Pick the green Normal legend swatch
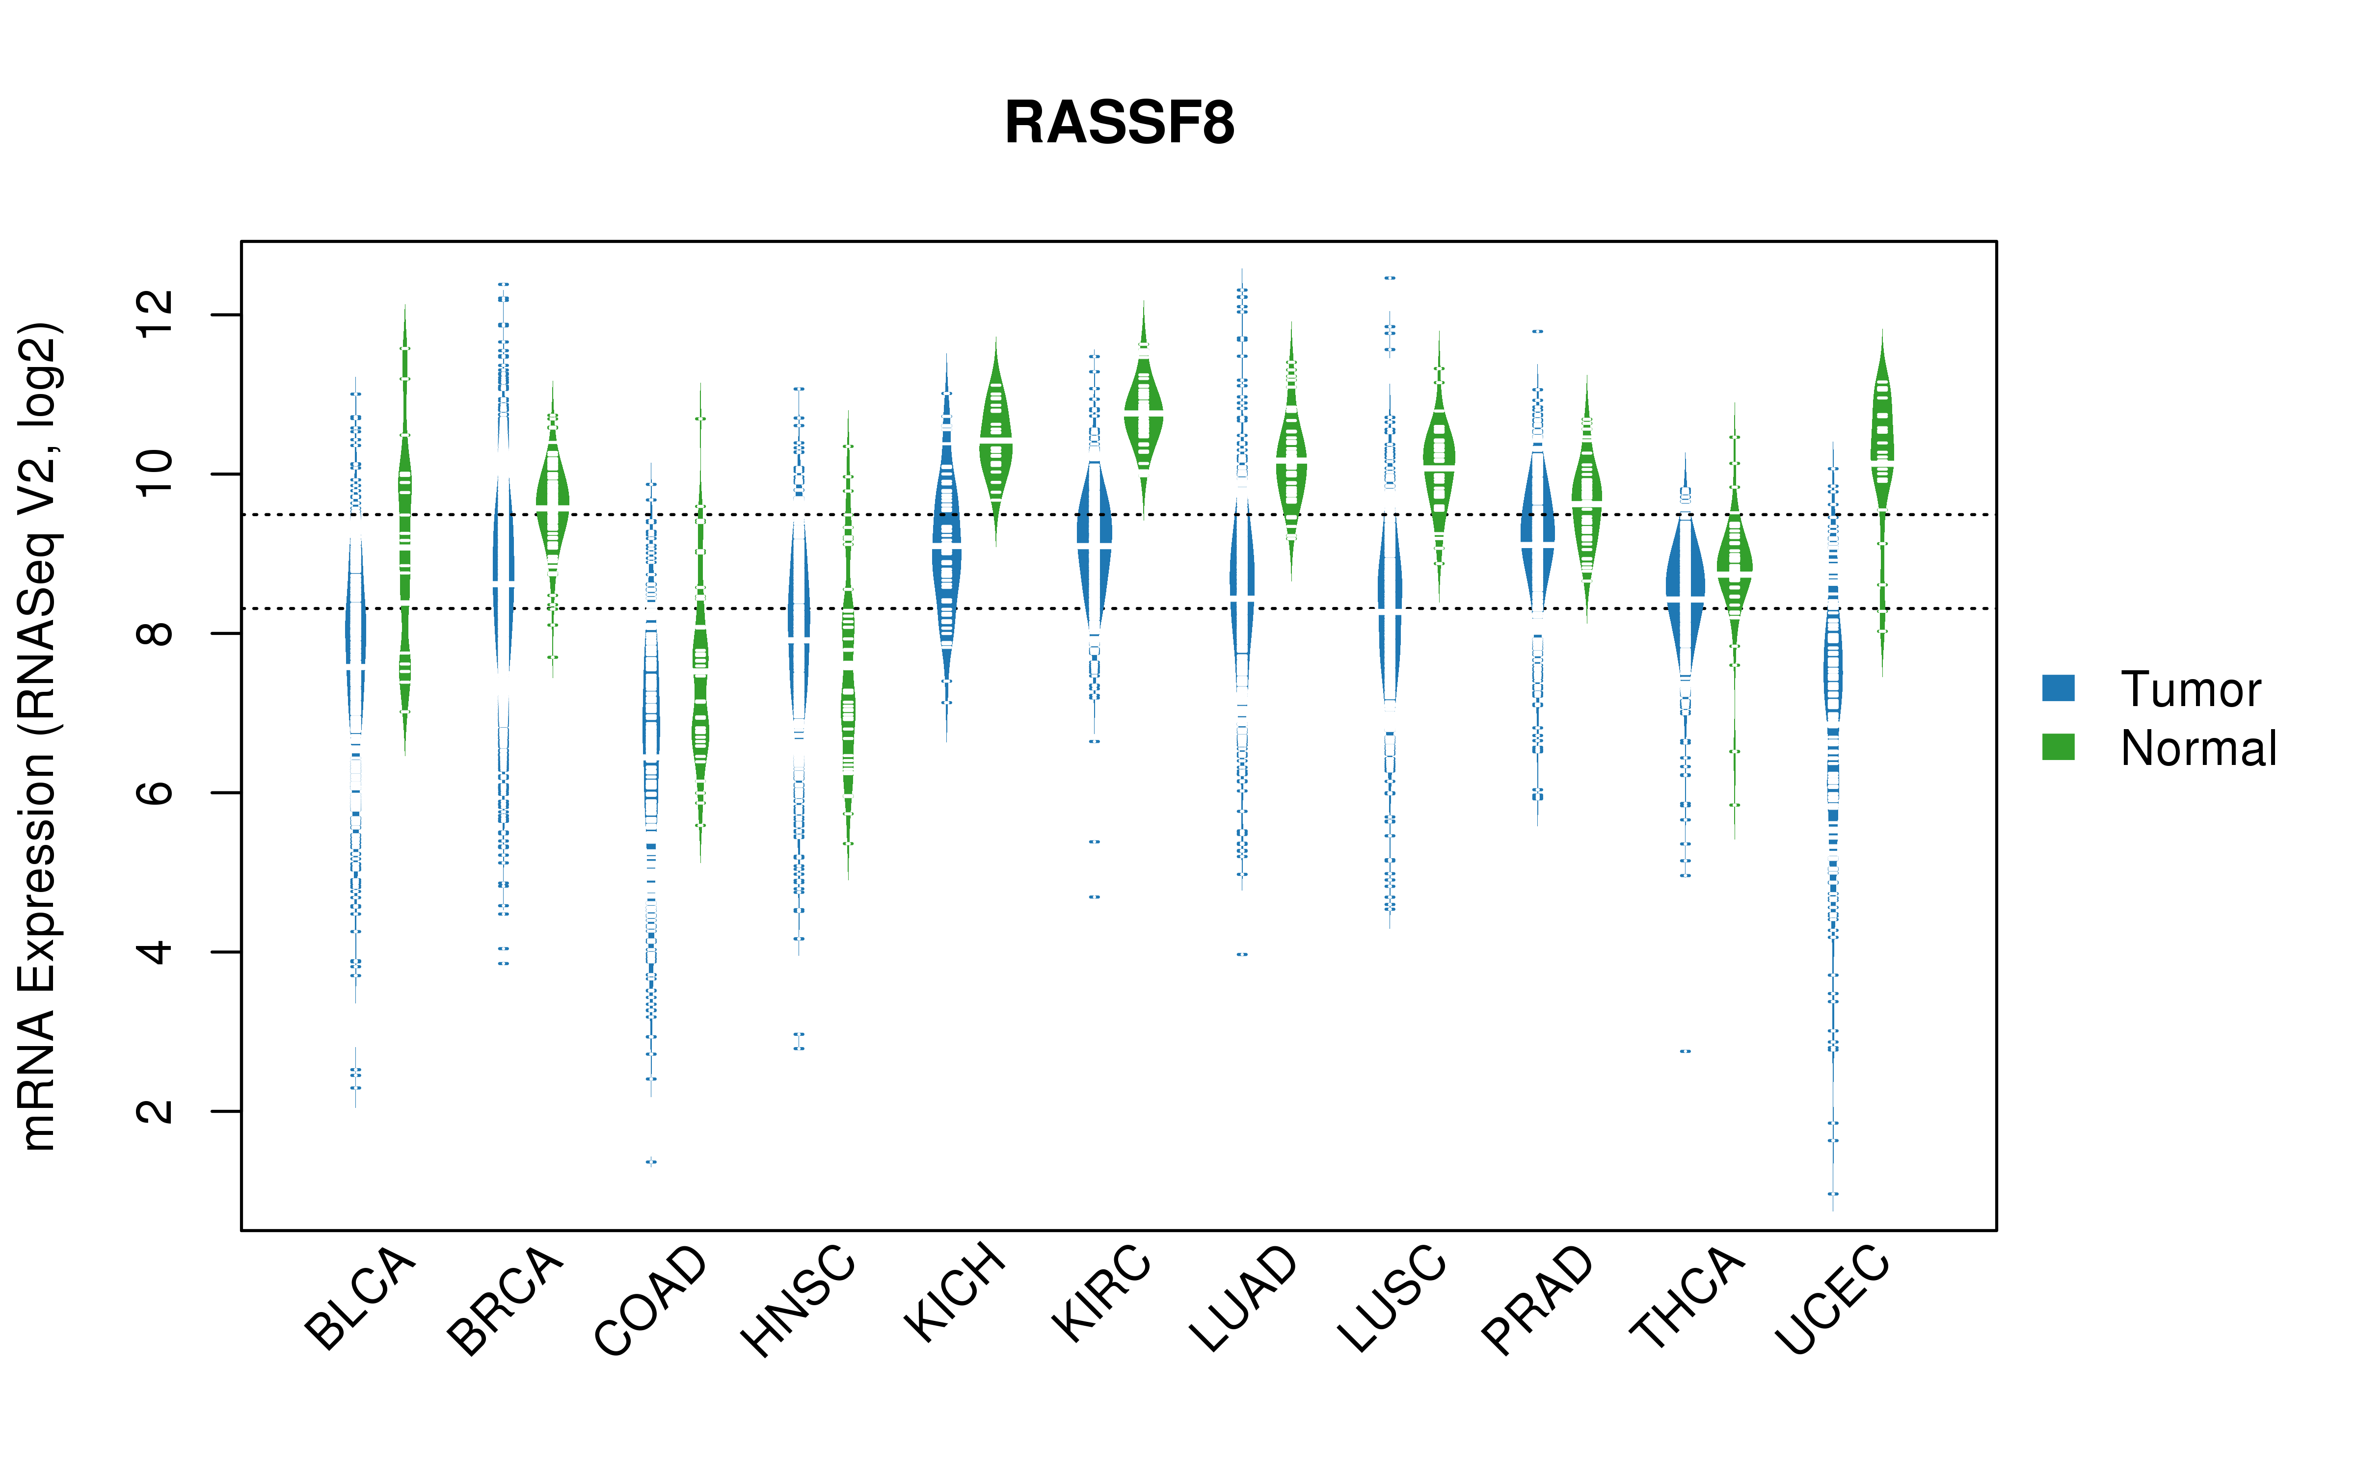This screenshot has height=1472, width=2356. tap(2058, 747)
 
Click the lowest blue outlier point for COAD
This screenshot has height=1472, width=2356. tap(651, 1161)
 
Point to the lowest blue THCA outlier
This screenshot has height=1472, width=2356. tap(1685, 1051)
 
